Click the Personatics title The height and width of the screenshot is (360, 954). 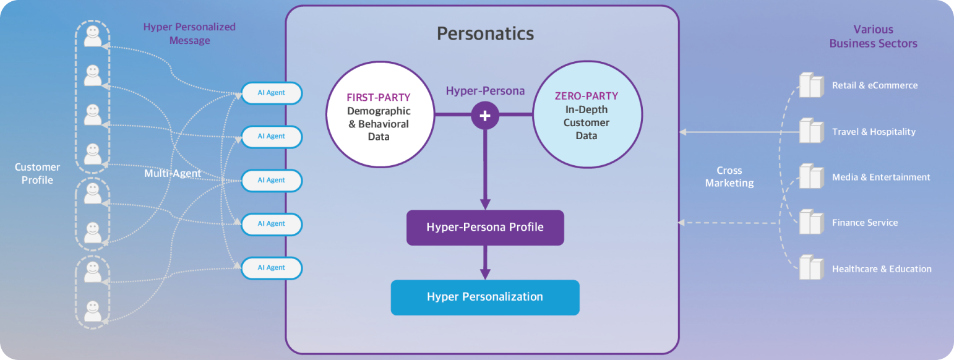[485, 33]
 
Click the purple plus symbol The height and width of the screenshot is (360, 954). [485, 116]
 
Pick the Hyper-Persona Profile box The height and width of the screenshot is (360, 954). [485, 227]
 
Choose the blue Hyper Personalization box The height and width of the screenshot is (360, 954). [485, 297]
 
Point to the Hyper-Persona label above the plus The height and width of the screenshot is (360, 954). [485, 91]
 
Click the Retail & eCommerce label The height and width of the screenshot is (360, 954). [875, 85]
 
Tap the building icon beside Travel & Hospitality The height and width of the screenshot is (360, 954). [810, 131]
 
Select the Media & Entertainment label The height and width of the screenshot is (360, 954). [881, 177]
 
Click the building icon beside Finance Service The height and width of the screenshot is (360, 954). [810, 221]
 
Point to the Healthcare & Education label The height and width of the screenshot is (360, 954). [882, 269]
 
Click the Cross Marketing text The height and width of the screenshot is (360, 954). [729, 176]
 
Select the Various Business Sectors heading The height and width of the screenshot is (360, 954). [873, 36]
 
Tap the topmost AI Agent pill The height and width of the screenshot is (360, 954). [272, 93]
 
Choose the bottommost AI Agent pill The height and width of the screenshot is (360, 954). [272, 268]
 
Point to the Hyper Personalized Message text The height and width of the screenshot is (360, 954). [189, 33]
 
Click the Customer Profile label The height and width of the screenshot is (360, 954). [37, 173]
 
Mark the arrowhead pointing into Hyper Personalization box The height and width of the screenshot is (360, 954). [485, 273]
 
